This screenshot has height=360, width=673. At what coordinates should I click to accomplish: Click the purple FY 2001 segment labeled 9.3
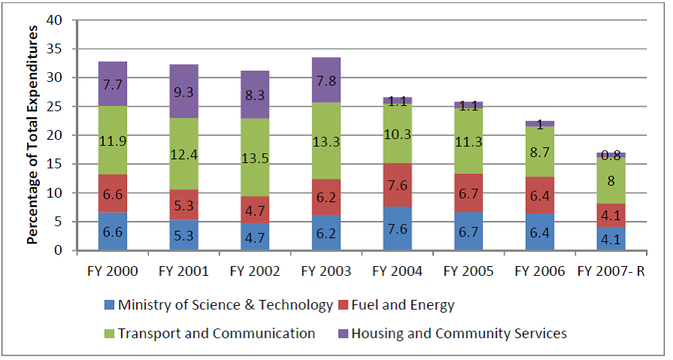point(183,91)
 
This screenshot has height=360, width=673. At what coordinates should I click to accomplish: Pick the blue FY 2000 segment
point(113,231)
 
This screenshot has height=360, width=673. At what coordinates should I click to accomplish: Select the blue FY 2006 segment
point(541,232)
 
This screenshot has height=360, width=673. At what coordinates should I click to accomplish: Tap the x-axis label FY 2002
point(254,271)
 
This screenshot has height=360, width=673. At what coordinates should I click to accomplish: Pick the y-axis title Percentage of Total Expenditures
point(33,135)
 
